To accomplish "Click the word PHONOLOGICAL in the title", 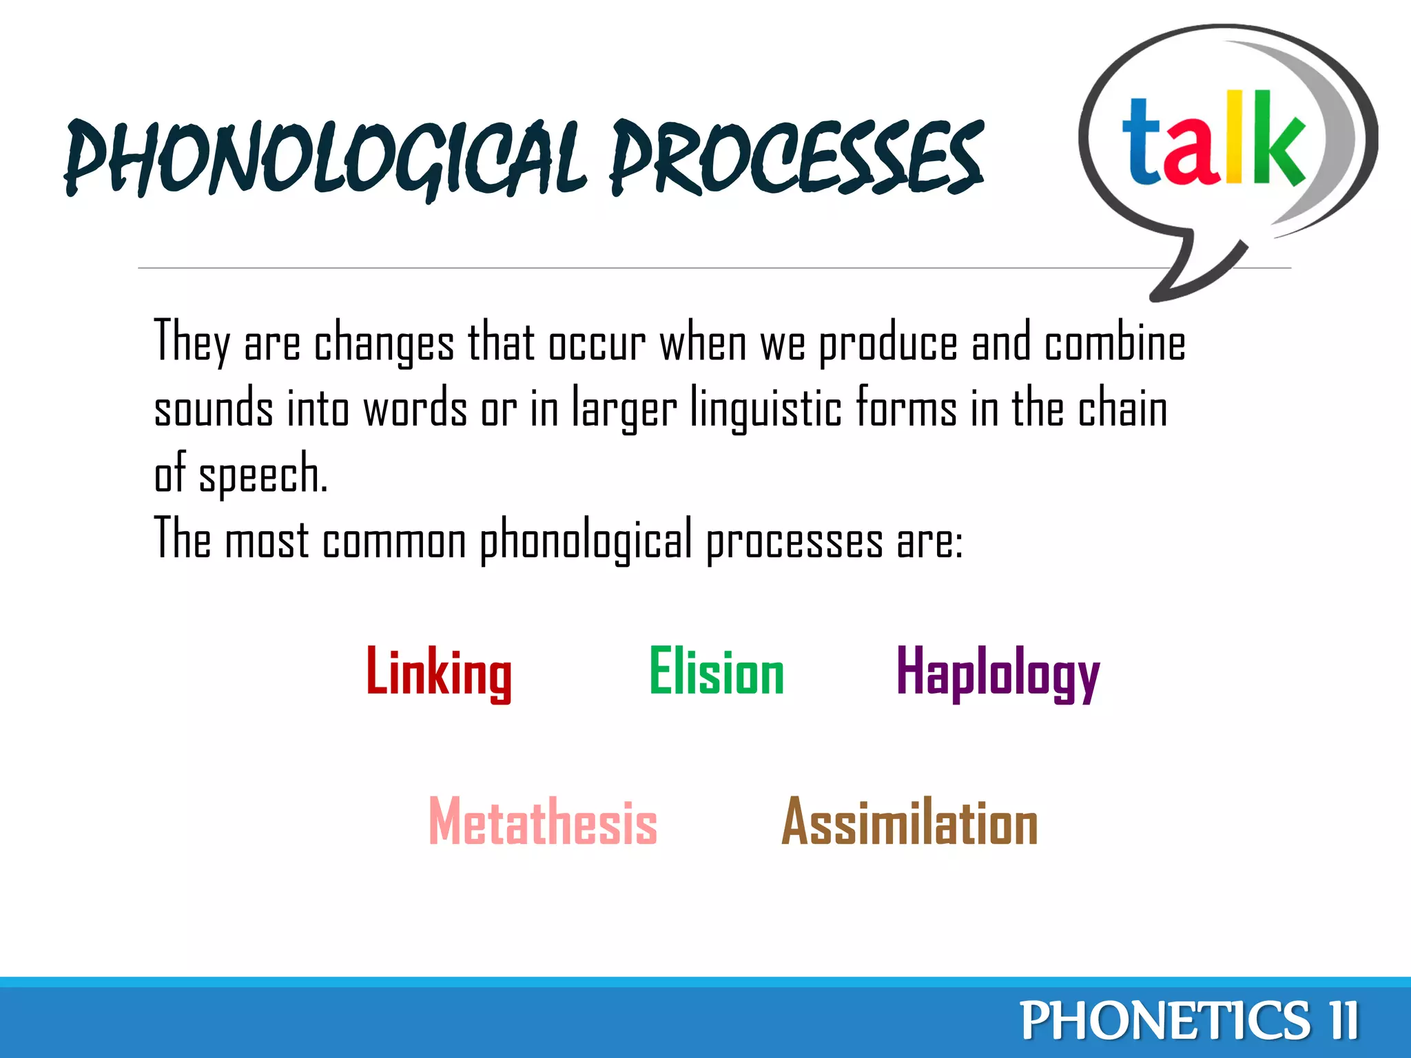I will coord(324,158).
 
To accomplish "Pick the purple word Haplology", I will coord(998,674).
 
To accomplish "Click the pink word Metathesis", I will coord(542,821).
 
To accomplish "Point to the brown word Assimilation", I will coord(909,821).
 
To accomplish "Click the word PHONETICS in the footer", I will coord(1164,1021).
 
